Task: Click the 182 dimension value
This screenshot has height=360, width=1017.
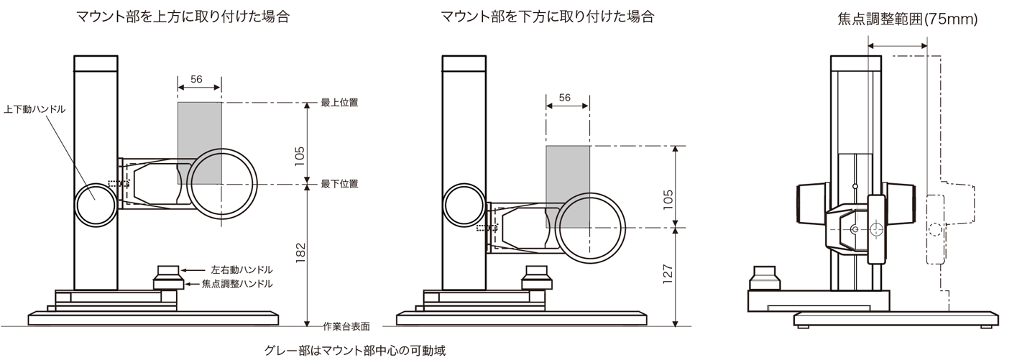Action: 300,251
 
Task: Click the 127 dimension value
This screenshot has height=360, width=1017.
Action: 667,274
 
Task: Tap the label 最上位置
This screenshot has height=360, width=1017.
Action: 339,103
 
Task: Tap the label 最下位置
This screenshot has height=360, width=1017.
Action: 339,185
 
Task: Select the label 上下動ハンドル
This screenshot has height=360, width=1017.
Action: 34,109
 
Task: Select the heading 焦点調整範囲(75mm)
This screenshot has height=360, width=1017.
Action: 907,20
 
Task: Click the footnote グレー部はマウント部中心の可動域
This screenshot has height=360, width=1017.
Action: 355,351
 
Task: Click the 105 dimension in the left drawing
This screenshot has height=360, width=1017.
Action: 300,154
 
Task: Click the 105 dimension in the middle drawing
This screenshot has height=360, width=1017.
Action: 667,198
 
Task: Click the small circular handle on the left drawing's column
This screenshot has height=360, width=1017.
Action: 94,206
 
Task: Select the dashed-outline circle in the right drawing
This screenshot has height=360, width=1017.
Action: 934,230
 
